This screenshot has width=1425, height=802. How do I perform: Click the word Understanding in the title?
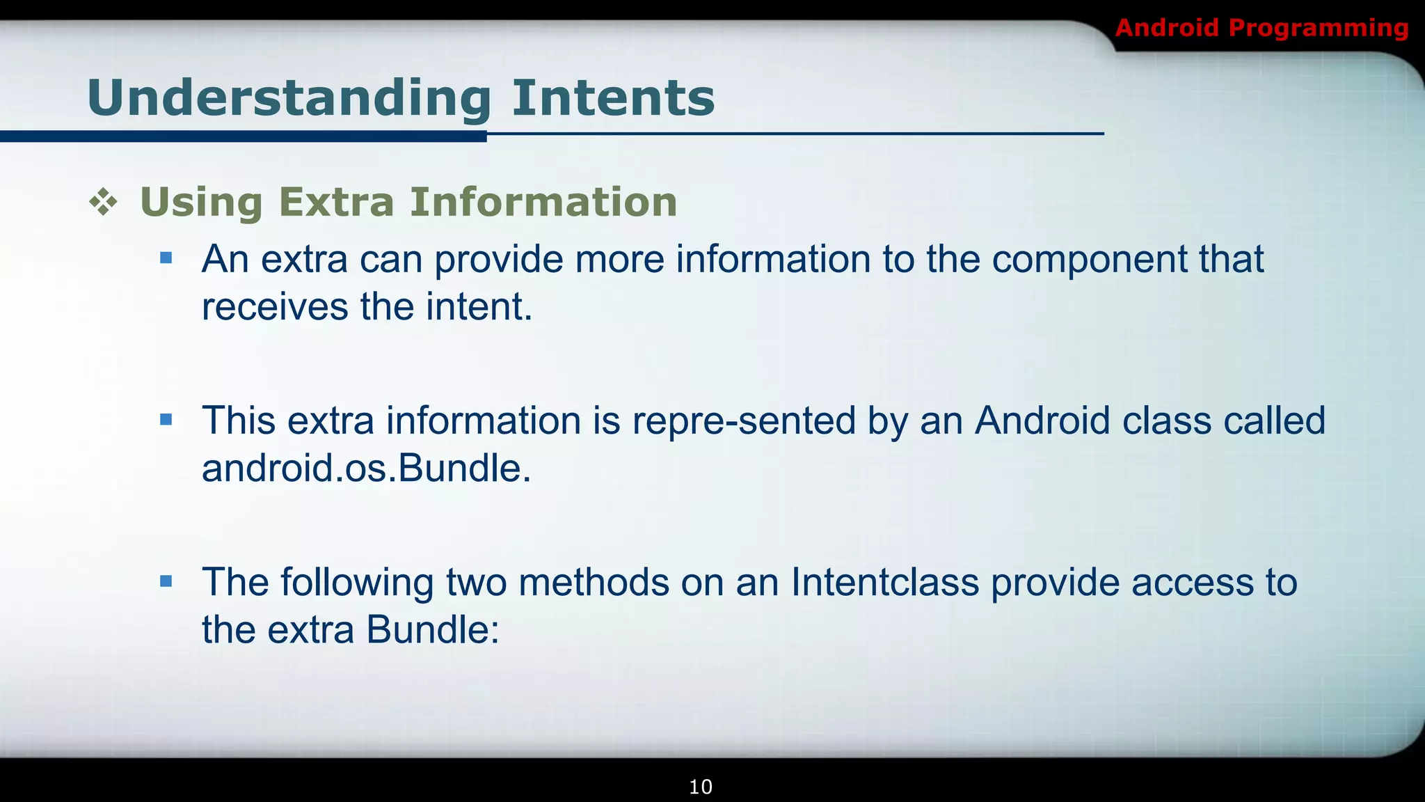(x=289, y=99)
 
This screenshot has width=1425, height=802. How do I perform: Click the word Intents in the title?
(x=613, y=97)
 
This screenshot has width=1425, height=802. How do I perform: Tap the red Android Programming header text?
(x=1261, y=28)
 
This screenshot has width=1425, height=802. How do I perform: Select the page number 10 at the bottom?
(x=700, y=787)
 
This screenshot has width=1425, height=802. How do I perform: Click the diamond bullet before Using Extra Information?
(x=103, y=203)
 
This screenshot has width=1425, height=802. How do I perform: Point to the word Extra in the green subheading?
(x=336, y=202)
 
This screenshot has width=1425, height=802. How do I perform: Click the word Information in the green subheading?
(x=543, y=202)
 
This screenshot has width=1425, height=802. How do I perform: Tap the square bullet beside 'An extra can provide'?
(x=166, y=259)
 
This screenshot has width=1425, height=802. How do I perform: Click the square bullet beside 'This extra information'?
(x=166, y=420)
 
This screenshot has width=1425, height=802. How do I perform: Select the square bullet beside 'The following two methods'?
(x=166, y=581)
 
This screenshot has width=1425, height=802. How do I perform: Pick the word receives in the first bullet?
(x=275, y=307)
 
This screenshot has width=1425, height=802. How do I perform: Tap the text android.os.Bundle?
(x=366, y=469)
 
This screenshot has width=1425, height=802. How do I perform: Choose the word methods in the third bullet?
(x=594, y=583)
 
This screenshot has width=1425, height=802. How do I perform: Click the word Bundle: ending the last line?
(x=432, y=630)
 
